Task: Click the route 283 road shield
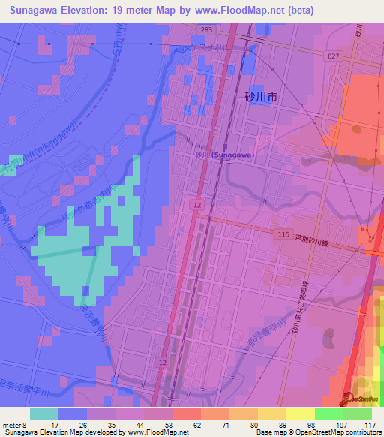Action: click(x=206, y=29)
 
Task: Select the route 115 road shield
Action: click(x=283, y=235)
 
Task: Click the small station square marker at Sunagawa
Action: click(x=224, y=148)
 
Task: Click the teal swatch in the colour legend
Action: click(x=44, y=414)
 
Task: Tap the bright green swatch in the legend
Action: click(x=329, y=414)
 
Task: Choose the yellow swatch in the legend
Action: click(x=301, y=414)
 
